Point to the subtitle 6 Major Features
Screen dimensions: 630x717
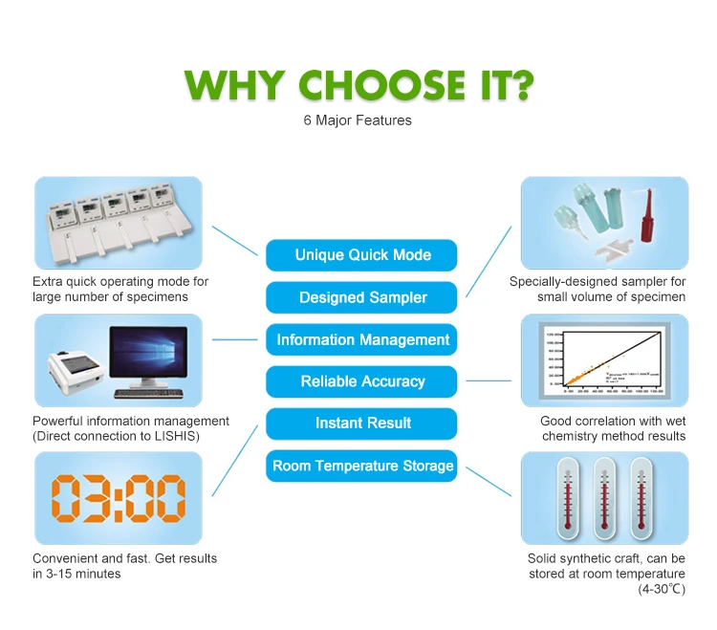click(x=357, y=120)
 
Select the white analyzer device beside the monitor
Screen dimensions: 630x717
click(x=76, y=374)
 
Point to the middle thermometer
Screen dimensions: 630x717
click(x=603, y=497)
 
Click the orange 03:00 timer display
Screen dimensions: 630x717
click(x=119, y=498)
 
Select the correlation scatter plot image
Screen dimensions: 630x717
click(x=604, y=361)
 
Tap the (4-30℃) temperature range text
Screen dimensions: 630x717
click(x=662, y=589)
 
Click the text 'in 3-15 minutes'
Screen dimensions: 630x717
click(x=76, y=574)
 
